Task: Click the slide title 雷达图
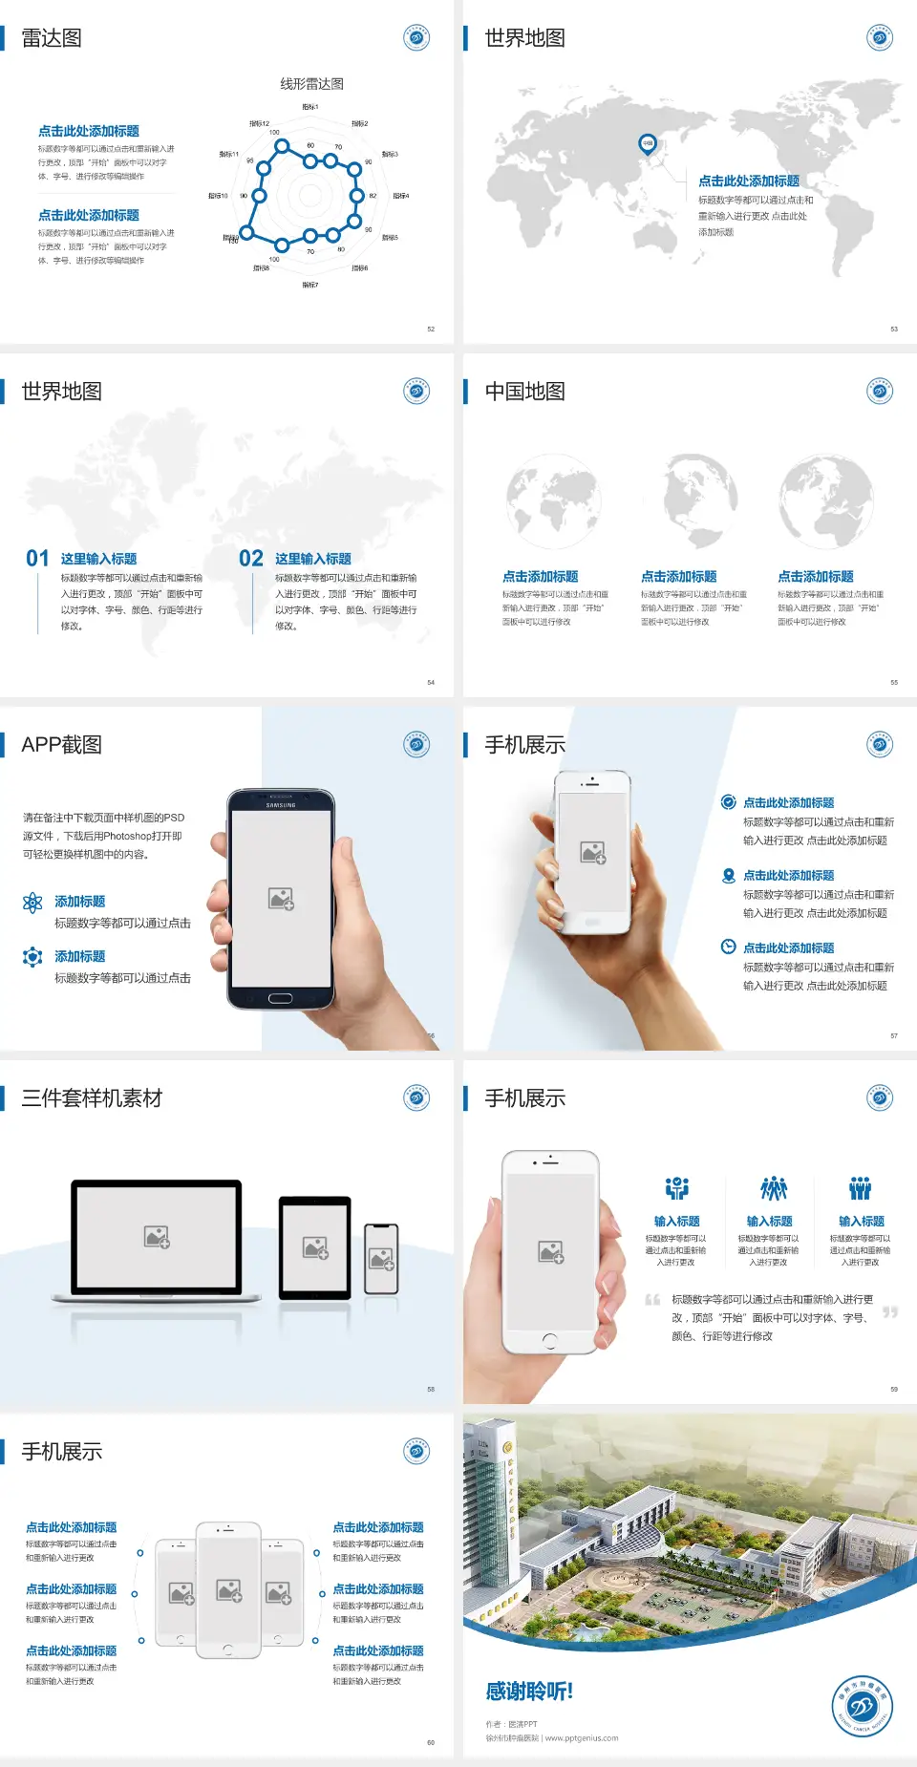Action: tap(52, 38)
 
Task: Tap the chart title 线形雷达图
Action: tap(311, 84)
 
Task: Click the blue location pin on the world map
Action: tap(647, 144)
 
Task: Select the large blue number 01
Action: tap(37, 559)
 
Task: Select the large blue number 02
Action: tap(251, 559)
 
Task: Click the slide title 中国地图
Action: tap(524, 392)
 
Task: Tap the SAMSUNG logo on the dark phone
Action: tap(281, 805)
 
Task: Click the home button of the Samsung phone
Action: tap(280, 998)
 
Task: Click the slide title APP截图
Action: tap(61, 745)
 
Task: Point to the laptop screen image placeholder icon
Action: tap(157, 1237)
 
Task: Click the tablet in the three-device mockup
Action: tap(315, 1247)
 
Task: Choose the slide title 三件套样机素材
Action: tap(92, 1098)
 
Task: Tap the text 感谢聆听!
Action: tap(529, 1692)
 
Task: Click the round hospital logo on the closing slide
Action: tap(862, 1706)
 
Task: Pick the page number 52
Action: tap(431, 329)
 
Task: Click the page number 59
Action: tap(894, 1389)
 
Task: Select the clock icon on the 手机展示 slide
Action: tap(728, 947)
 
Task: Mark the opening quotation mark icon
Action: tap(652, 1300)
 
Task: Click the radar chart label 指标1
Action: tap(310, 107)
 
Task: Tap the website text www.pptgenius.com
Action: tap(582, 1738)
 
